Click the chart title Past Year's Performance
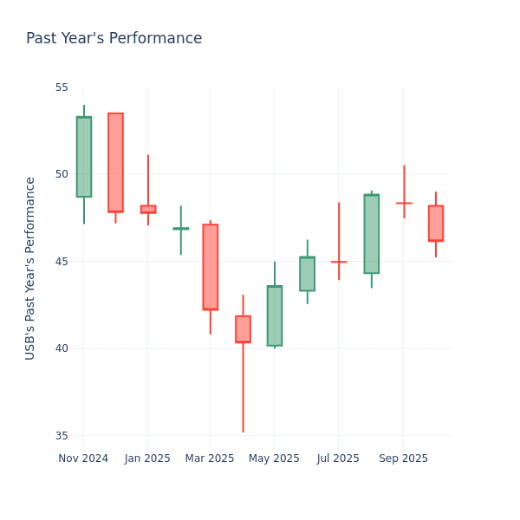pos(114,39)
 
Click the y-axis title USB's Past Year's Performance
pos(30,268)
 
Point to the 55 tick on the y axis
pos(62,88)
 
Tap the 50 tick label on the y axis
pos(62,174)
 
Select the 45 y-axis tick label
pos(62,262)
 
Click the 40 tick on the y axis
pos(62,348)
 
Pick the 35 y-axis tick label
pos(62,436)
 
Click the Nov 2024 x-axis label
pos(83,458)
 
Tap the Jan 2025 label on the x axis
pos(147,458)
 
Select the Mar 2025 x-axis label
pos(210,458)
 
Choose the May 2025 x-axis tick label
pos(275,458)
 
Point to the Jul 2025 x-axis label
pos(338,458)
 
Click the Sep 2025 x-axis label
pos(404,458)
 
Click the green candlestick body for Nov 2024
pos(83,157)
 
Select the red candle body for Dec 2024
pos(115,162)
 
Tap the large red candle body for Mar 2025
pos(210,267)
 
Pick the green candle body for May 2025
pos(275,315)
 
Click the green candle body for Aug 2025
pos(371,234)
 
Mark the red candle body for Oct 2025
pos(436,223)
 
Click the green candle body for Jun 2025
pos(307,274)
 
